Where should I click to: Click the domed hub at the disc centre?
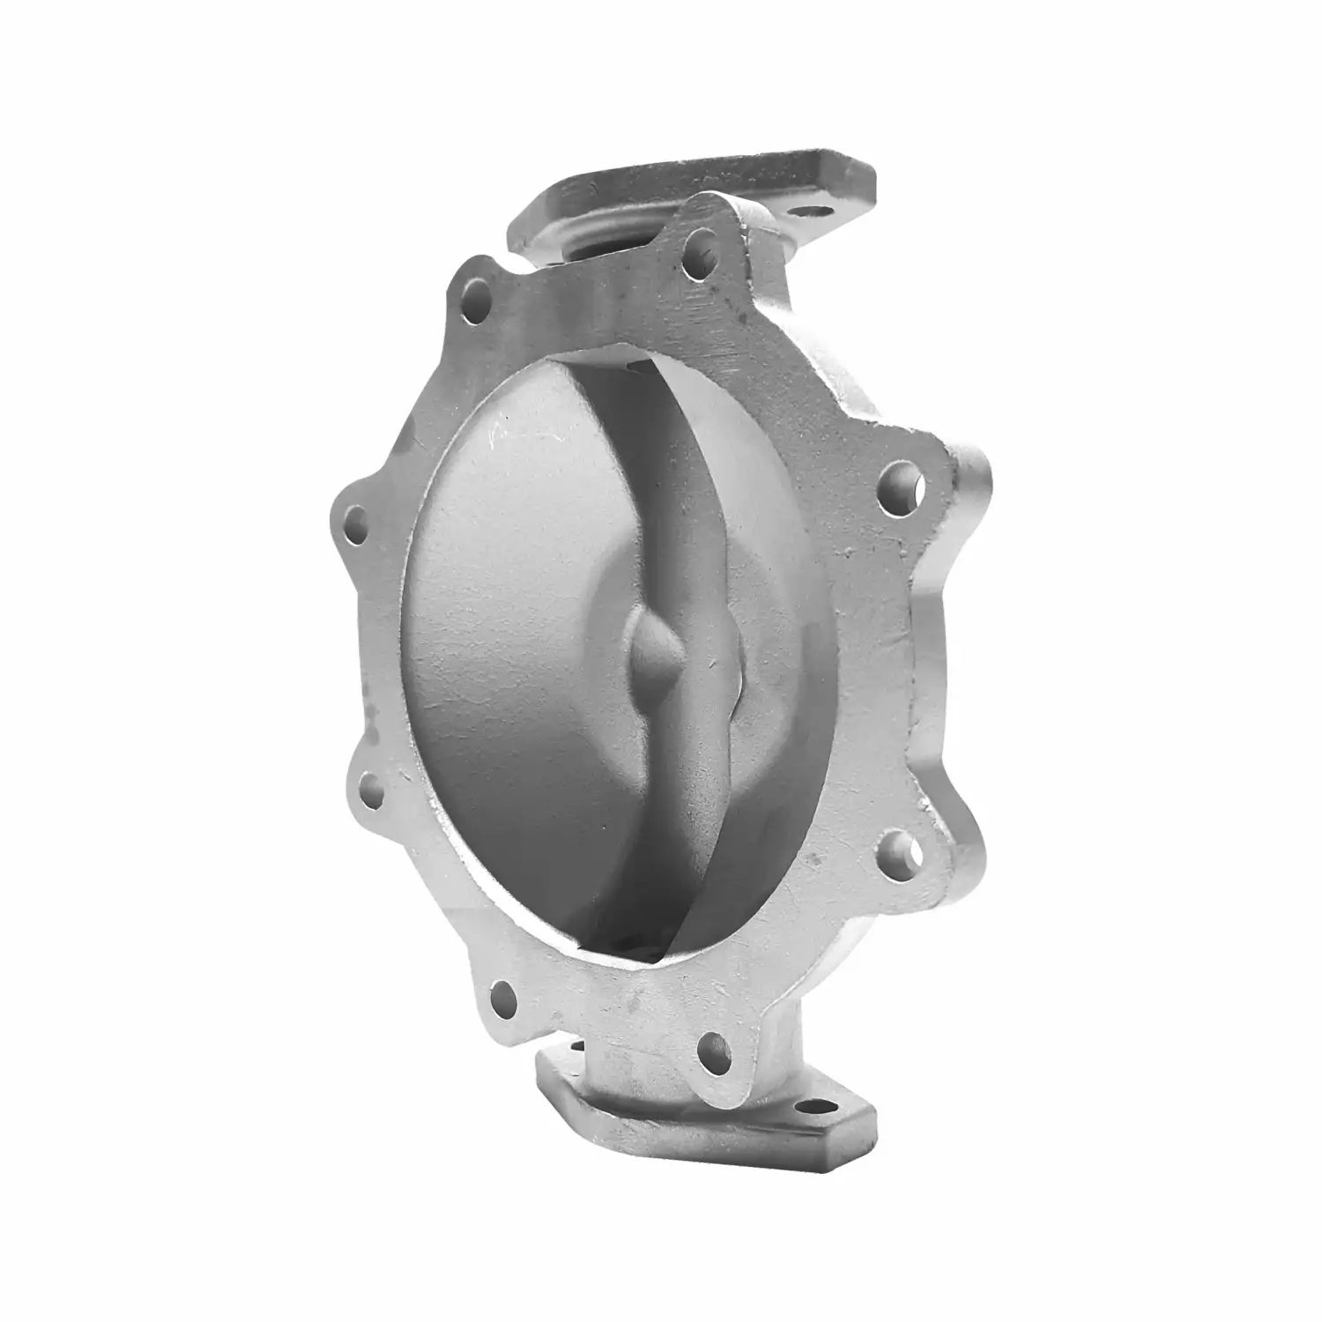coord(652,648)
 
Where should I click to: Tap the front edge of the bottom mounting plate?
coord(705,1137)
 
